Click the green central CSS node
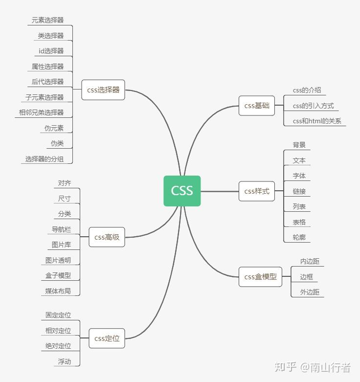(x=182, y=191)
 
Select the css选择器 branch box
(x=103, y=90)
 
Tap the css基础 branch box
(x=257, y=106)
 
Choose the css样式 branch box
(x=257, y=191)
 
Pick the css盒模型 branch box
(x=260, y=277)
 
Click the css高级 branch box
(x=107, y=237)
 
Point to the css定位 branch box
(x=107, y=338)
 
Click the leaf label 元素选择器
(x=47, y=20)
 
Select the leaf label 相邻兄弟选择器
(x=41, y=112)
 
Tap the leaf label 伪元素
(x=54, y=128)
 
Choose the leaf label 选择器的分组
(x=45, y=159)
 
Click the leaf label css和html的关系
(x=317, y=121)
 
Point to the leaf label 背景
(x=299, y=145)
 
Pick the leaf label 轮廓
(x=299, y=237)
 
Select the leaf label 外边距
(x=310, y=292)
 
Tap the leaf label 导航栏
(x=61, y=229)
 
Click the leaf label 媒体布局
(x=58, y=291)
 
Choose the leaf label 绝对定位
(x=58, y=346)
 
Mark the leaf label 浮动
(x=64, y=361)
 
